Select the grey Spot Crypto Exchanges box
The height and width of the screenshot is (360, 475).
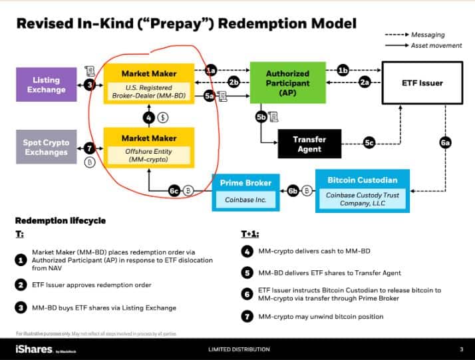(x=46, y=146)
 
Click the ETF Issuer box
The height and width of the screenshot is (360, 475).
(x=421, y=83)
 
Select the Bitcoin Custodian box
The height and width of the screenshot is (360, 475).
(x=362, y=191)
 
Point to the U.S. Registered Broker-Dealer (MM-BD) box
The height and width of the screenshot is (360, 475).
(x=148, y=84)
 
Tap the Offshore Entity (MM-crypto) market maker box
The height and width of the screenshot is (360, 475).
(x=148, y=147)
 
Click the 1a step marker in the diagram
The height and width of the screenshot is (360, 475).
(x=211, y=70)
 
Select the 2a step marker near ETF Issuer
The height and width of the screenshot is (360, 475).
(x=365, y=83)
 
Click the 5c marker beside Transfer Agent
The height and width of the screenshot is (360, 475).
(x=369, y=142)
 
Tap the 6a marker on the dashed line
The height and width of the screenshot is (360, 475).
(x=445, y=142)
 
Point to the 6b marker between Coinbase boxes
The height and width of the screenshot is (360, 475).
(x=293, y=191)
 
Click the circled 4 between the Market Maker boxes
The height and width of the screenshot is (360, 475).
(x=150, y=116)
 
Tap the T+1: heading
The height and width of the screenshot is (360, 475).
(x=250, y=234)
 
